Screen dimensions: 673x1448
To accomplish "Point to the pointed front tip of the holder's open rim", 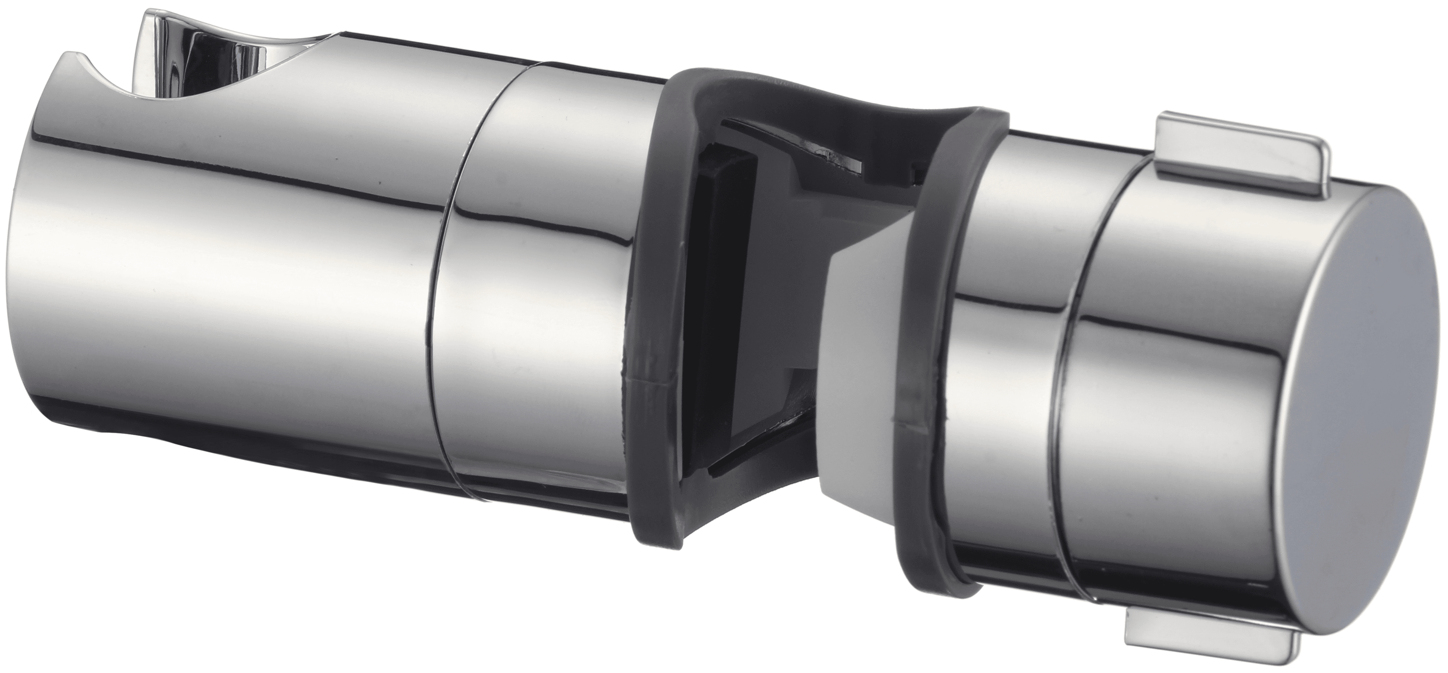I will point(67,56).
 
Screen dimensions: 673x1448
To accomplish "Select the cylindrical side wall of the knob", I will point(1180,365).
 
